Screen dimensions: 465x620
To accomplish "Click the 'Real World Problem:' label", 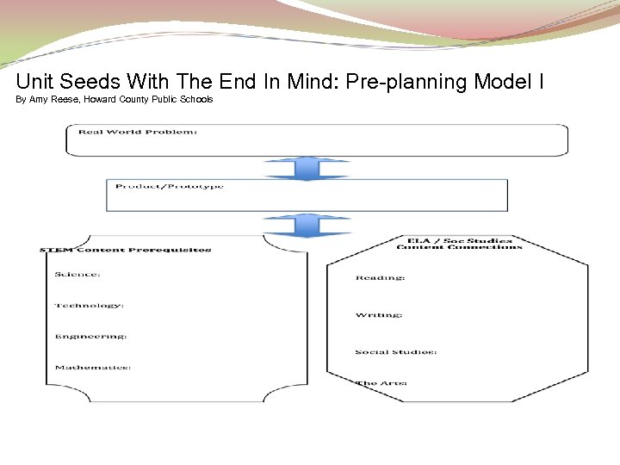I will coord(138,132).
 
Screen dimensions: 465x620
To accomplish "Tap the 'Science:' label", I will coord(77,275).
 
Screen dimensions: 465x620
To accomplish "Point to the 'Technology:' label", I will coord(90,306).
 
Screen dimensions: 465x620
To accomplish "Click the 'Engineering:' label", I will coord(91,337).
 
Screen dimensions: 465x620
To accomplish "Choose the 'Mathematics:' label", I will coord(93,368).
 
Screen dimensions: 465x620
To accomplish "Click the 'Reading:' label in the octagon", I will coord(381,278).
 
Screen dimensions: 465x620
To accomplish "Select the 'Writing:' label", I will coord(379,315).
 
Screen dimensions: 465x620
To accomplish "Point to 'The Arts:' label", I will coord(381,383).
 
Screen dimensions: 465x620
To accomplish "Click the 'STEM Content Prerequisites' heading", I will coord(126,251).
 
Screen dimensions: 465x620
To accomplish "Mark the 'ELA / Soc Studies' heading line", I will coord(459,240).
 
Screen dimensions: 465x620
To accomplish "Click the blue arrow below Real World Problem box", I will coord(307,168).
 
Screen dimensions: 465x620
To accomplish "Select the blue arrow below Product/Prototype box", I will coord(307,225).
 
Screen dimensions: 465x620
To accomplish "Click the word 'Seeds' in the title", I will coord(90,83).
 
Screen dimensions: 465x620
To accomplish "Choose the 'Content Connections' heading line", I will coord(459,248).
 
